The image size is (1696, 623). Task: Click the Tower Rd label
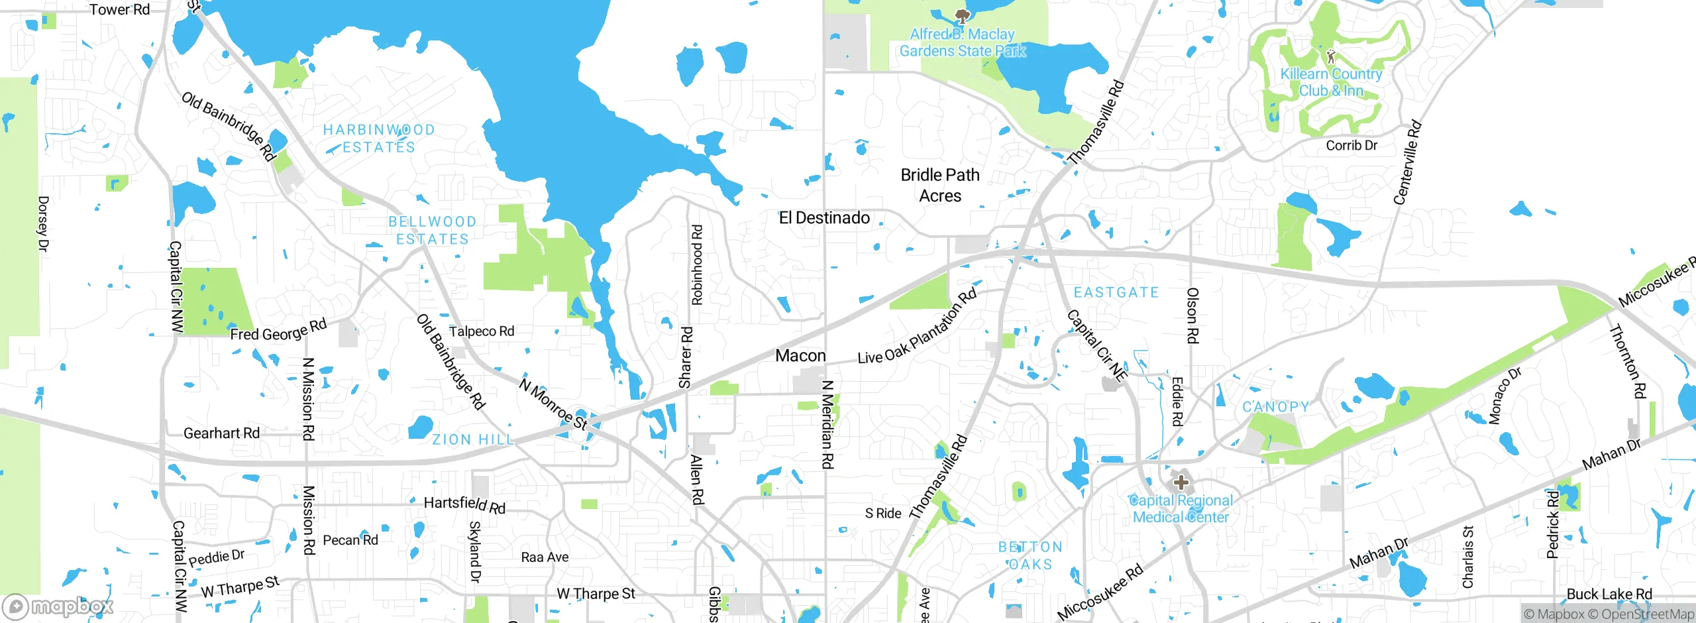pos(119,9)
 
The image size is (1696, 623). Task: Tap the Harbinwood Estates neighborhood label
pos(379,139)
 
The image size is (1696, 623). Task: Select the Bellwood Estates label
pos(432,230)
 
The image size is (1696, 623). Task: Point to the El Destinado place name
pos(824,217)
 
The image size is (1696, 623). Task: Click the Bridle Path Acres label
pos(939,185)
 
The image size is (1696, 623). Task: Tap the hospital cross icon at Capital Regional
pos(1180,482)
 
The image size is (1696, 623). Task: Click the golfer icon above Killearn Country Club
pos(1331,56)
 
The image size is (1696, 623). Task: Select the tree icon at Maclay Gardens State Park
pos(962,15)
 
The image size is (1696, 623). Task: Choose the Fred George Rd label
pos(278,329)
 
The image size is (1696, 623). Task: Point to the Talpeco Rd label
pos(482,331)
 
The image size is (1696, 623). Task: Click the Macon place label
pos(800,356)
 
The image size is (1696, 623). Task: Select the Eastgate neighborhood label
pos(1116,292)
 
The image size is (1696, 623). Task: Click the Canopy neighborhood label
pos(1275,406)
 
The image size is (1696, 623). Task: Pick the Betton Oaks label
pos(1030,555)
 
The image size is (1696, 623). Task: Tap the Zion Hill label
pos(472,439)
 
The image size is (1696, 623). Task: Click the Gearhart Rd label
pos(221,433)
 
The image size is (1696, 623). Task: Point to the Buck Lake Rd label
pos(1609,594)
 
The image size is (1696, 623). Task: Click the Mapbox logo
pos(58,606)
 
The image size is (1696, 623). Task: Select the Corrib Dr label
pos(1351,145)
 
